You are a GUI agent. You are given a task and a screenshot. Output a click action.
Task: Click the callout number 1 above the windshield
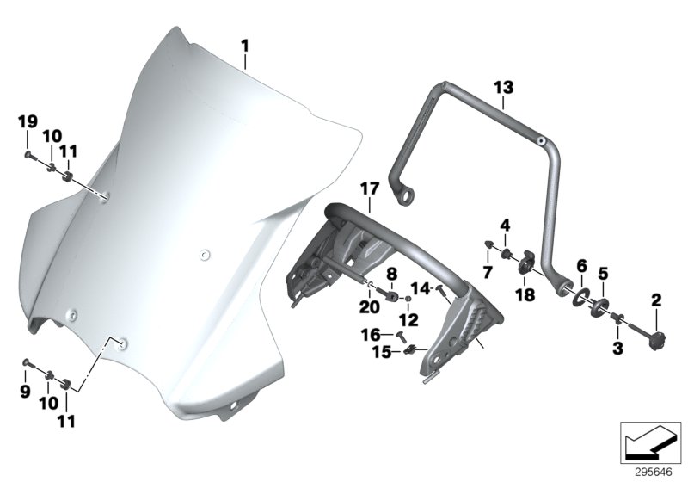pyautogui.click(x=244, y=46)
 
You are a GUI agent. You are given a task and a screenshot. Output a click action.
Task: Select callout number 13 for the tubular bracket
pyautogui.click(x=503, y=87)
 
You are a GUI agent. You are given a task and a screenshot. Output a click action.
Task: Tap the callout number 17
pyautogui.click(x=370, y=189)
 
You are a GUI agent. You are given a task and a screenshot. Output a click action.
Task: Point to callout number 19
pyautogui.click(x=28, y=121)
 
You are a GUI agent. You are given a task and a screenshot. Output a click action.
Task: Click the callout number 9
pyautogui.click(x=25, y=391)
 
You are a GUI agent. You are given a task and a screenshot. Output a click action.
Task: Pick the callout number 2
pyautogui.click(x=655, y=300)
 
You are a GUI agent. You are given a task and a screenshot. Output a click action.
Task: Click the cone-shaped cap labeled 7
pyautogui.click(x=488, y=244)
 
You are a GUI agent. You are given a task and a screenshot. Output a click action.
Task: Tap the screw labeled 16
pyautogui.click(x=401, y=337)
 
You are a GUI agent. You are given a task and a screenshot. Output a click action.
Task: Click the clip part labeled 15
pyautogui.click(x=410, y=349)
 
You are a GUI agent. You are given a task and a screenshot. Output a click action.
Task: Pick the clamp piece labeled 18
pyautogui.click(x=525, y=262)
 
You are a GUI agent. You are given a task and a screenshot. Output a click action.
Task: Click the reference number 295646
pyautogui.click(x=654, y=473)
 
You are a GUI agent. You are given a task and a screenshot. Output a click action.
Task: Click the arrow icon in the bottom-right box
pyautogui.click(x=651, y=442)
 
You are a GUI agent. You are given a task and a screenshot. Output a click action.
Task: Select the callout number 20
pyautogui.click(x=370, y=307)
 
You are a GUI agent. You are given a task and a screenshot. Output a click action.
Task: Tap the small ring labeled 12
pyautogui.click(x=408, y=299)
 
